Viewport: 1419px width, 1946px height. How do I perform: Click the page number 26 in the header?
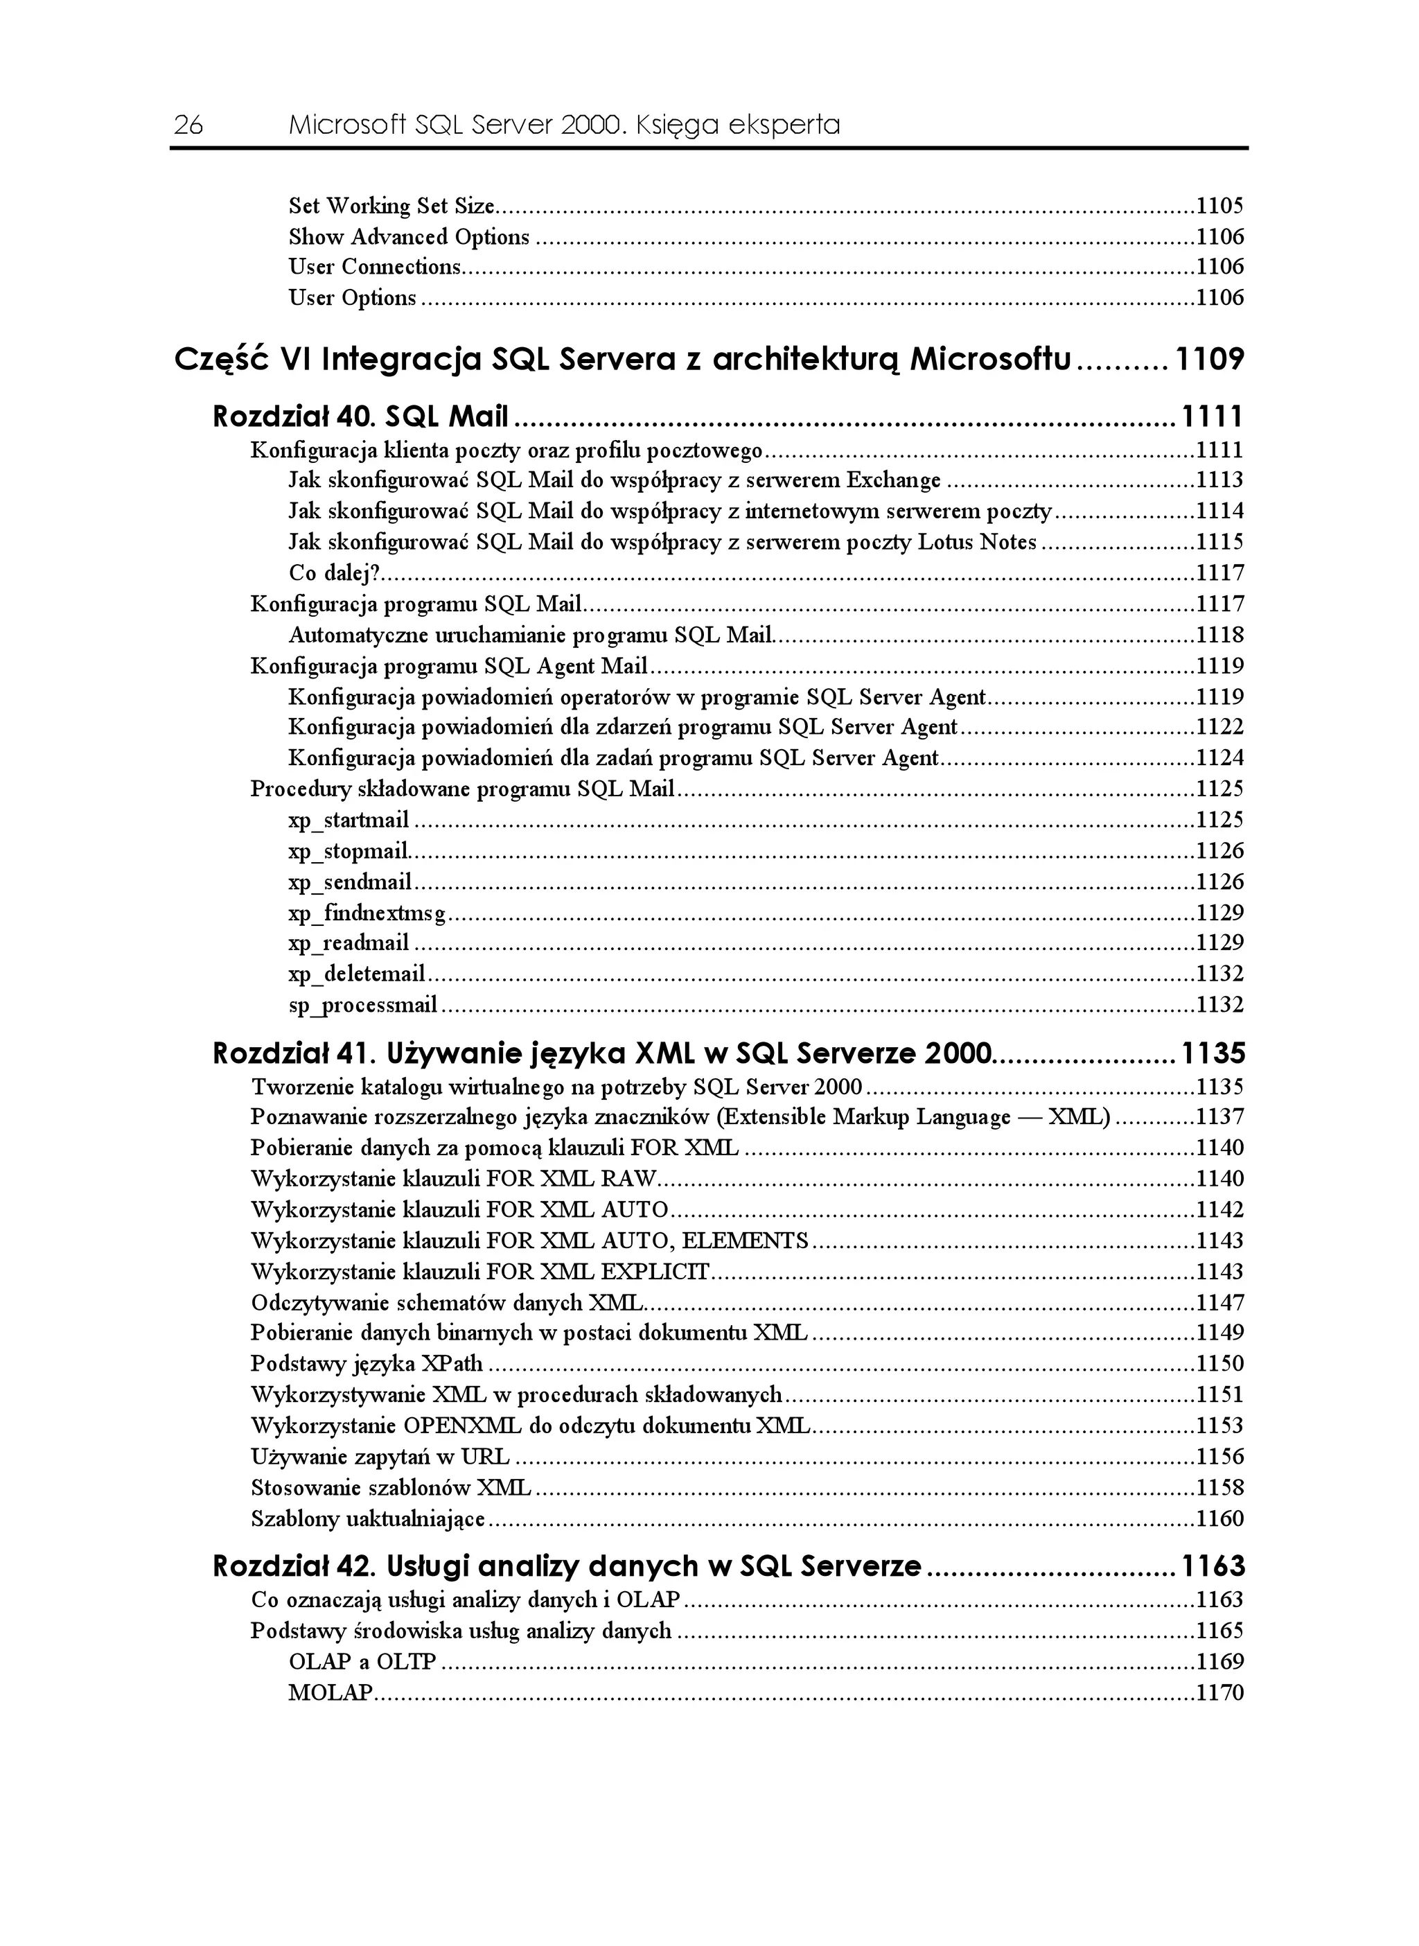(188, 126)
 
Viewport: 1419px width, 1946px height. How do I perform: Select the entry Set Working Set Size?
(391, 207)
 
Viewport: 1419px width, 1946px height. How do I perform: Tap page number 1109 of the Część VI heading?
(1208, 359)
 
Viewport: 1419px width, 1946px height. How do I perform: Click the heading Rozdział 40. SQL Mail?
(361, 418)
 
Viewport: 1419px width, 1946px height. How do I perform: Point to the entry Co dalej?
(334, 573)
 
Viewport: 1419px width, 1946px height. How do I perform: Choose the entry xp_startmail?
(349, 821)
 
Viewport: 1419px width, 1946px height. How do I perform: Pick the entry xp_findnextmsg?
(367, 913)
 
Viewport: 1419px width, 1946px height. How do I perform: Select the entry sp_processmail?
(363, 1005)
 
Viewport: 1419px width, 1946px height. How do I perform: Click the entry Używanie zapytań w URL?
(380, 1457)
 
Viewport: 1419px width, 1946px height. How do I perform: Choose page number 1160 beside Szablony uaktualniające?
(1219, 1519)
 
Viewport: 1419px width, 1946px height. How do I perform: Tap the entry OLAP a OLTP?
(362, 1663)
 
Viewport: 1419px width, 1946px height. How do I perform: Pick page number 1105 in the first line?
(1219, 207)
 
